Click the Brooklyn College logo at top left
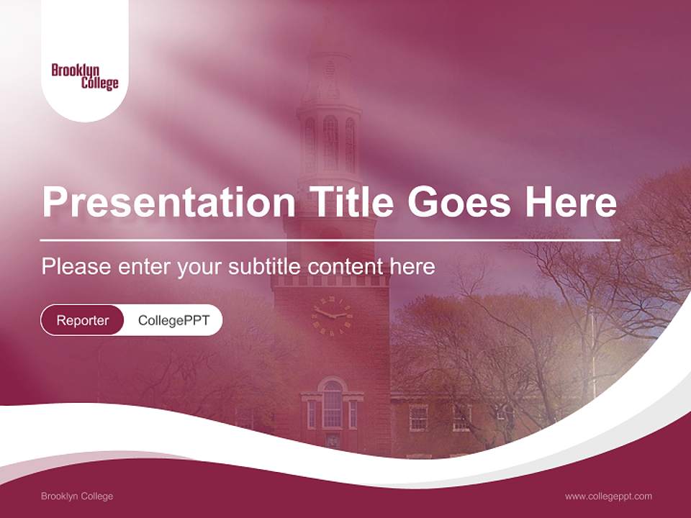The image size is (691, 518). [x=85, y=76]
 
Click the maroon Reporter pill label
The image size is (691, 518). [x=82, y=320]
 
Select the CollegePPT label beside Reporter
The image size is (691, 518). [x=173, y=320]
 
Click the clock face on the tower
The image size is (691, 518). [x=332, y=315]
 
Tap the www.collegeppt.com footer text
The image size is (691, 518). [x=608, y=496]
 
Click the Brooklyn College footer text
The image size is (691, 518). [x=77, y=496]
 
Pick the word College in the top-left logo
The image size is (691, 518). [x=99, y=83]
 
